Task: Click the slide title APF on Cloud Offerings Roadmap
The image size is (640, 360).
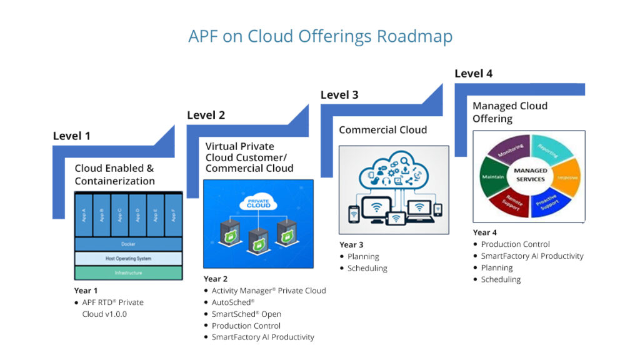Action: [x=320, y=36]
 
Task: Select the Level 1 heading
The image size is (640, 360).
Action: [x=71, y=136]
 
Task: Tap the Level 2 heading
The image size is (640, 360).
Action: [x=206, y=115]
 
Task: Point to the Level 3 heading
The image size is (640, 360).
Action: [x=339, y=95]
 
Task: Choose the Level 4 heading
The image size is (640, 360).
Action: [x=473, y=74]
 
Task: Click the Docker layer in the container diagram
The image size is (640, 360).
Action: [x=128, y=244]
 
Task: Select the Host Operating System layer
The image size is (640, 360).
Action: [x=128, y=258]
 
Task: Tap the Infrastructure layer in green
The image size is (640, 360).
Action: [x=128, y=273]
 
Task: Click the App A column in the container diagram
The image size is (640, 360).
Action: [x=83, y=215]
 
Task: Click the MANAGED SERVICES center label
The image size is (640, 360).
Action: [x=529, y=174]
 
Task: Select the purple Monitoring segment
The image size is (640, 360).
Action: [x=509, y=151]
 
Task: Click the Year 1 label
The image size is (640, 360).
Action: [x=86, y=291]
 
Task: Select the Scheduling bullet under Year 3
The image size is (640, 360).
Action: [x=367, y=268]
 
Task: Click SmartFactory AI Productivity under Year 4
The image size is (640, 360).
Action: [x=532, y=256]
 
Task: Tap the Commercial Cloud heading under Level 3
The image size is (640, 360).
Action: [x=382, y=130]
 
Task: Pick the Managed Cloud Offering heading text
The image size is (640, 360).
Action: [x=509, y=112]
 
